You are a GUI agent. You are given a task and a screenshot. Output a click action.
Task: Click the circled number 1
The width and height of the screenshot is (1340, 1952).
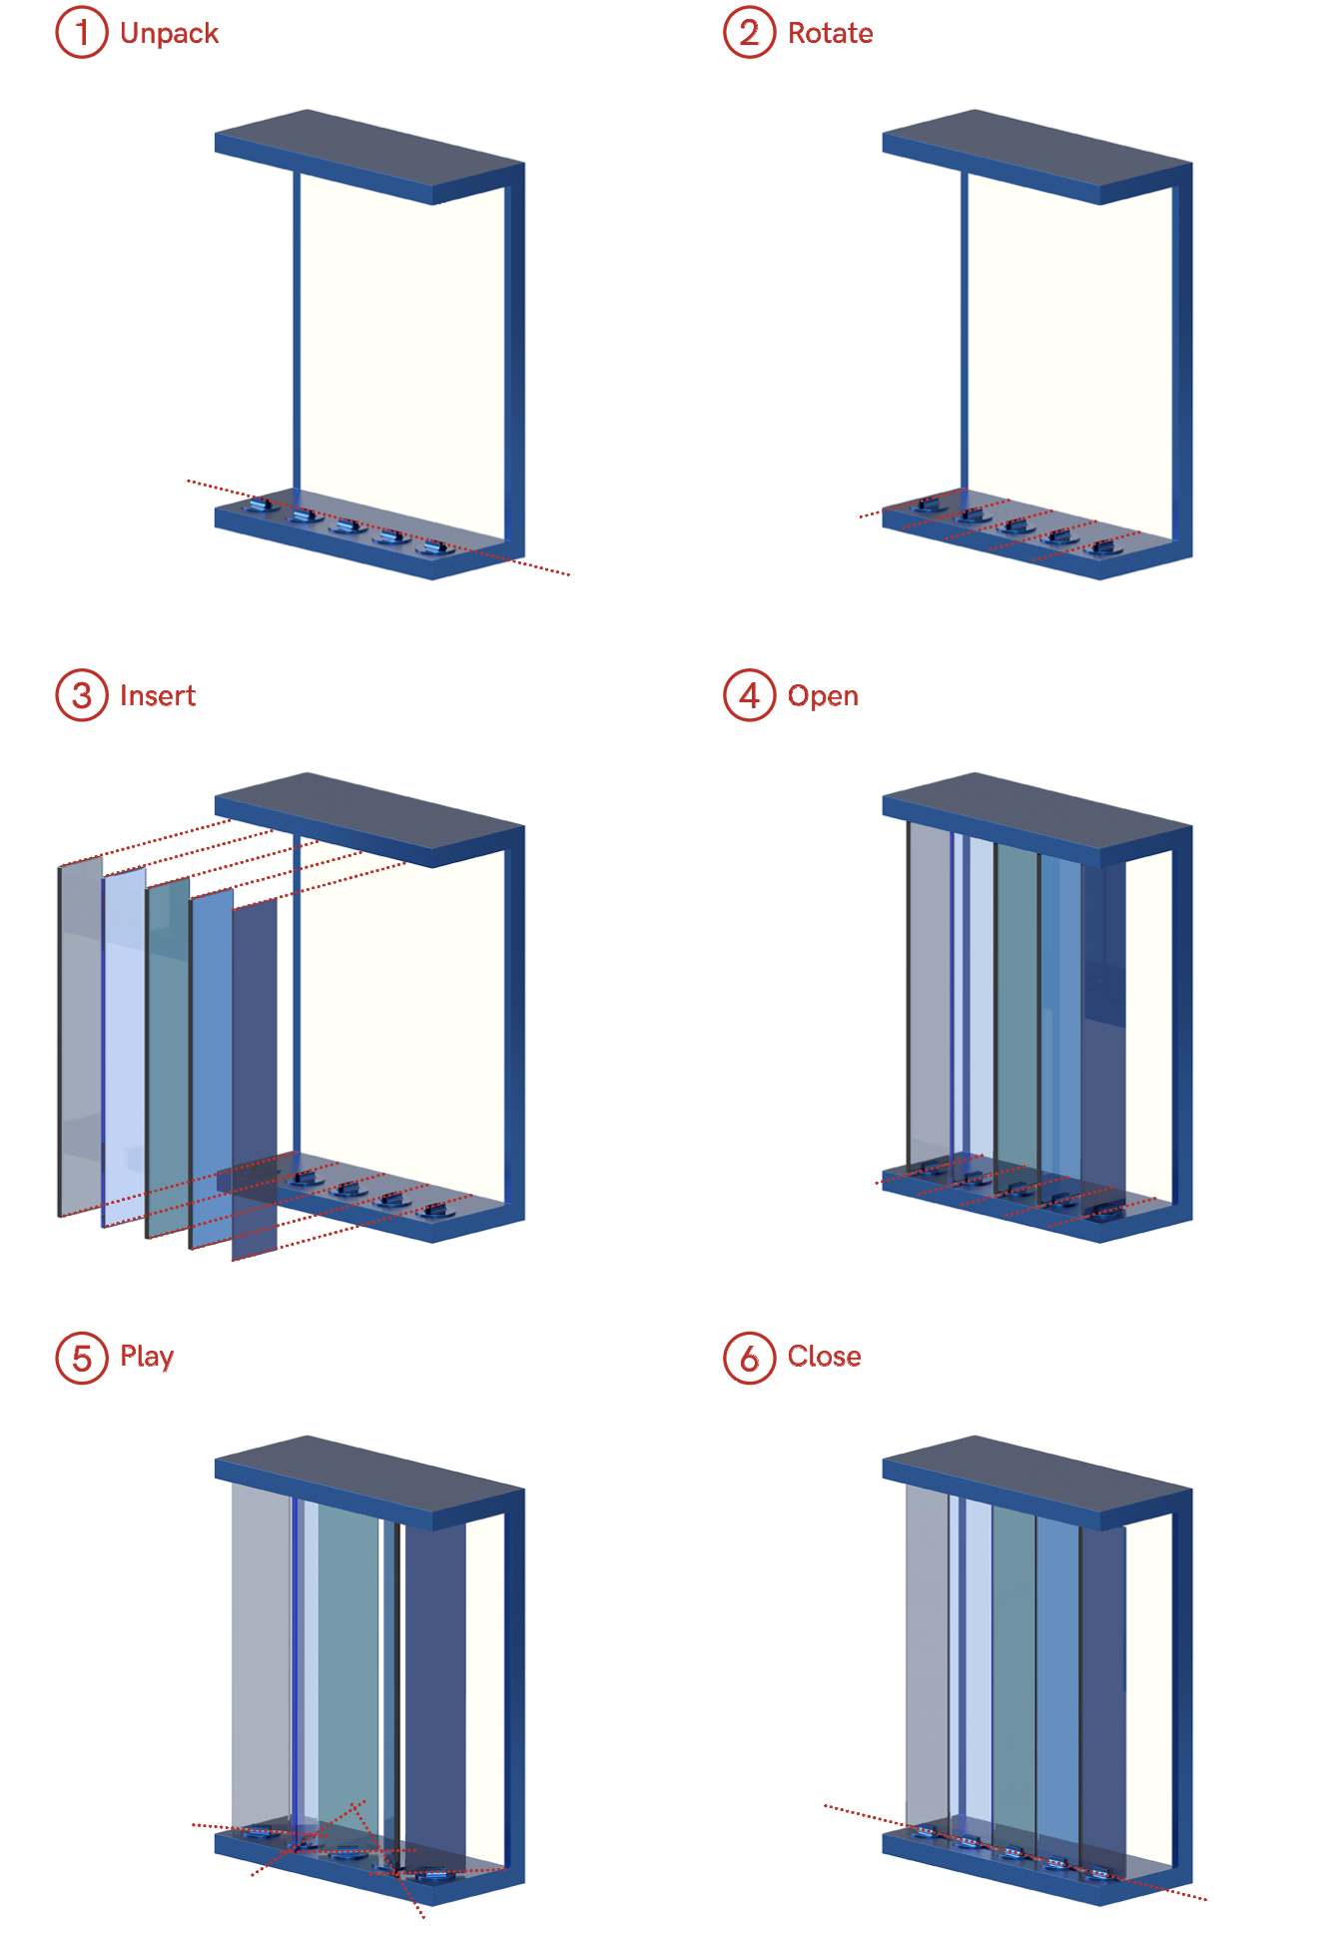point(82,33)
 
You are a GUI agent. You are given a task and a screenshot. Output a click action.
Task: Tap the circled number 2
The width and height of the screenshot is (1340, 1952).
point(749,33)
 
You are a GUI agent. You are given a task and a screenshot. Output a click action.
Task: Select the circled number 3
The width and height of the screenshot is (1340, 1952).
point(82,695)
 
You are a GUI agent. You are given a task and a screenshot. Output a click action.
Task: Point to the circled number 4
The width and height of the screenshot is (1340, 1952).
point(749,695)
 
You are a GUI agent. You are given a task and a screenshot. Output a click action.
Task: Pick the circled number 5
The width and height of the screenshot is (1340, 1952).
point(82,1358)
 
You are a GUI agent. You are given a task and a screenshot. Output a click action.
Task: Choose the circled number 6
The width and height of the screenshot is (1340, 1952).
point(749,1358)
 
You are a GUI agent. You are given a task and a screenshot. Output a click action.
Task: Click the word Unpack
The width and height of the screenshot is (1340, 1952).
point(169,34)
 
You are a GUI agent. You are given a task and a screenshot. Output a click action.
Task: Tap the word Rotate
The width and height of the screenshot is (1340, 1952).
point(830,34)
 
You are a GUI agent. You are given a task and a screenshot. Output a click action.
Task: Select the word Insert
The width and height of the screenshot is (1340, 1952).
point(157,695)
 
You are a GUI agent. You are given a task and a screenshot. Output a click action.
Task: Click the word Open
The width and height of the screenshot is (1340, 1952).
point(823,696)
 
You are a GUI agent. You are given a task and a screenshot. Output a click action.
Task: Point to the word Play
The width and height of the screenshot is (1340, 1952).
point(147,1357)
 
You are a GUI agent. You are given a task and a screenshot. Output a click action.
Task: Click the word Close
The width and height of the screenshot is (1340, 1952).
point(824,1357)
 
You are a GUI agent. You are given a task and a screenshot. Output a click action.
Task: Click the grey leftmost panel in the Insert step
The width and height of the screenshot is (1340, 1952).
point(80,1039)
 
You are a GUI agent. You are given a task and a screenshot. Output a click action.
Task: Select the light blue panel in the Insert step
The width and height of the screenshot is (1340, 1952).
point(124,1049)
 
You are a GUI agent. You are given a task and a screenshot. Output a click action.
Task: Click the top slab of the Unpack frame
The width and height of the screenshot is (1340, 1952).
point(369,150)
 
